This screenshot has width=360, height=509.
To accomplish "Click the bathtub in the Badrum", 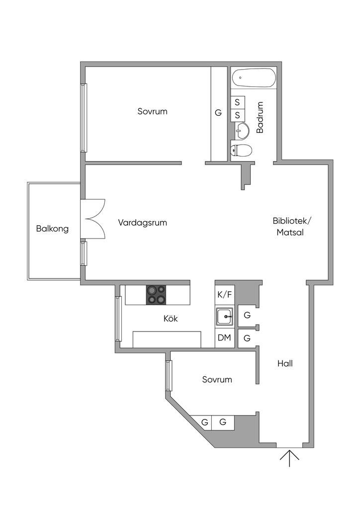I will pyautogui.click(x=255, y=78).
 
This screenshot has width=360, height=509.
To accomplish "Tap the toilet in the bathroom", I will pyautogui.click(x=242, y=150).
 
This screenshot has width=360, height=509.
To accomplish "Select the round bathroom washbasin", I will pyautogui.click(x=242, y=131).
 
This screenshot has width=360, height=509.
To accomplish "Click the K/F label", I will pyautogui.click(x=225, y=294).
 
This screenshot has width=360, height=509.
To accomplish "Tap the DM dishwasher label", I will pyautogui.click(x=225, y=339).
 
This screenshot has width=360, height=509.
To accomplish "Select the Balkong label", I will pyautogui.click(x=52, y=229).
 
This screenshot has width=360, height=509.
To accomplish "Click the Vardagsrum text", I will pyautogui.click(x=143, y=223).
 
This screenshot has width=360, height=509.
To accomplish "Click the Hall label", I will pyautogui.click(x=285, y=363).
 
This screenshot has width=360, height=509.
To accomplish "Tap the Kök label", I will pyautogui.click(x=171, y=319).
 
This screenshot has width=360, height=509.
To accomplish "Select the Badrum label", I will pyautogui.click(x=260, y=117).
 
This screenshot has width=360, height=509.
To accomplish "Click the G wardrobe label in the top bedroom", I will pyautogui.click(x=218, y=113).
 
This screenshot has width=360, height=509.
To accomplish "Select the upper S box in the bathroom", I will pyautogui.click(x=237, y=102).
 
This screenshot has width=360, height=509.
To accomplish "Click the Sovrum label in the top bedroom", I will pyautogui.click(x=153, y=111).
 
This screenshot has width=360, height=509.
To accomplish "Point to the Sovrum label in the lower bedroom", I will pyautogui.click(x=217, y=380).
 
